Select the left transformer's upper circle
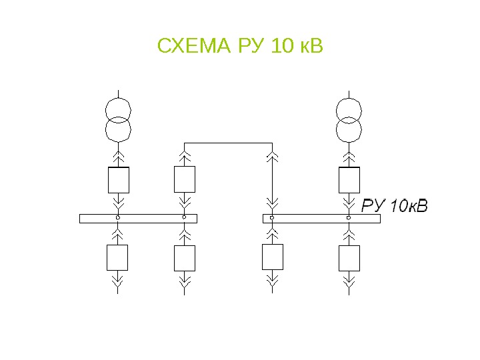118,109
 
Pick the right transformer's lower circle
349,129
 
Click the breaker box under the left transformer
118,179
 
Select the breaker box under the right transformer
349,179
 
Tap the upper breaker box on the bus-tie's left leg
184,179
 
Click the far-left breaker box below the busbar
118,257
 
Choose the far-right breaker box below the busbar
349,257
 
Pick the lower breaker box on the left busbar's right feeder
184,257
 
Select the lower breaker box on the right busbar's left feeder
272,257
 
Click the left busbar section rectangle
138,218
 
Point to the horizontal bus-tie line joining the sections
228,143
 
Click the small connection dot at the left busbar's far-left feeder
118,218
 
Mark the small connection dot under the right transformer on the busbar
349,218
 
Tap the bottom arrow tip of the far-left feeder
118,288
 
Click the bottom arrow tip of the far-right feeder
349,288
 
